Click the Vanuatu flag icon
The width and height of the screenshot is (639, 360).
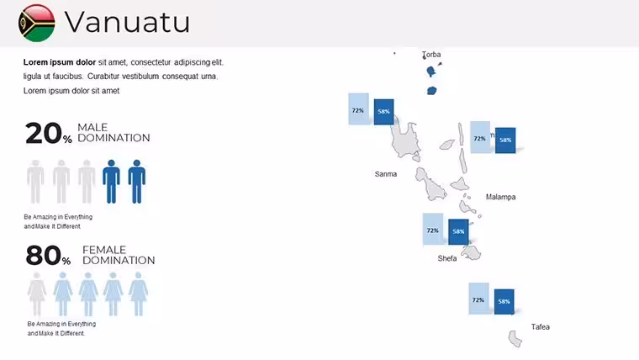pos(37,24)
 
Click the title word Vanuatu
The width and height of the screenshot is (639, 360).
pos(127,22)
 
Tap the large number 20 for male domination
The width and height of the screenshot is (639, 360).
pos(44,134)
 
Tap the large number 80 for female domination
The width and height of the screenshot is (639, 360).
pos(44,256)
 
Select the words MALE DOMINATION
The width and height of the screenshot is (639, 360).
pos(114,133)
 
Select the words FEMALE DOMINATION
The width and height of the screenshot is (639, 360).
pos(119,255)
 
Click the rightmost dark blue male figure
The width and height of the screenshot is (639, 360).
pos(137,182)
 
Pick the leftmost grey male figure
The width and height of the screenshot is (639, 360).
pos(35,182)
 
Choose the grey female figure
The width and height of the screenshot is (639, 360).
pos(37,294)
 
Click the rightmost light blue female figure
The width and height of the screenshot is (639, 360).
pos(139,294)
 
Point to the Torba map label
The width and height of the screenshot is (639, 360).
pos(431,54)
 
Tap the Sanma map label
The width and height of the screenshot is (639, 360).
pos(386,174)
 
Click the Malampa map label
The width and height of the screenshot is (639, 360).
pos(500,197)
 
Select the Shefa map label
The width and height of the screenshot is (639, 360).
pos(447,258)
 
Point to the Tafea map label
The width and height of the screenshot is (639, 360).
pos(541,327)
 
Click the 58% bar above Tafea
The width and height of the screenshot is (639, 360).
pos(504,302)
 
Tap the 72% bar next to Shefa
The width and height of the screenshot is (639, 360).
pos(433,229)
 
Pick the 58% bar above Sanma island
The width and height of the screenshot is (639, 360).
pos(384,112)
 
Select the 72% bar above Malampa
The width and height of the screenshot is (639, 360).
pos(480,137)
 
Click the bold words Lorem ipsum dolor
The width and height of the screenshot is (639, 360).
pos(60,62)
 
